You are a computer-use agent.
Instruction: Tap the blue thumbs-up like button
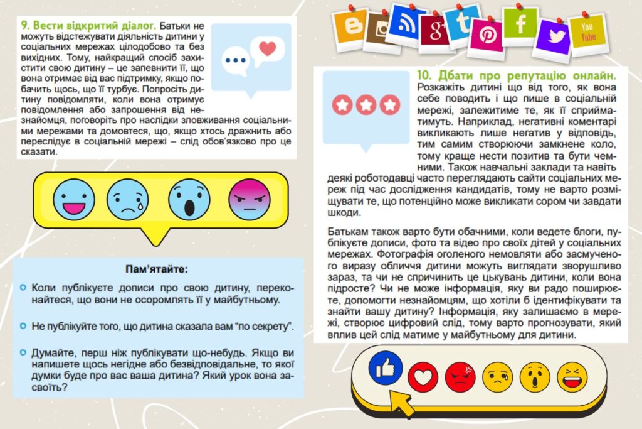coord(385,367)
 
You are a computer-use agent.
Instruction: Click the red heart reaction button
coord(423,376)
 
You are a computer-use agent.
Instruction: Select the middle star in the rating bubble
coord(366,105)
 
